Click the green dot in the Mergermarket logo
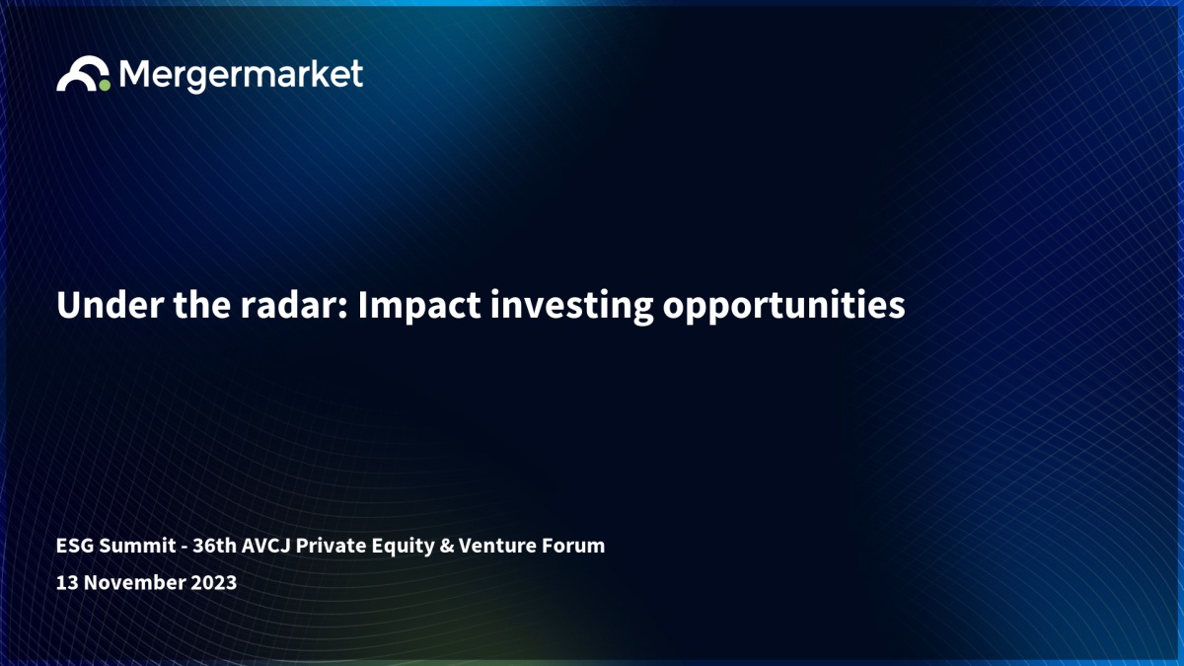[105, 85]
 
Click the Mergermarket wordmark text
[241, 76]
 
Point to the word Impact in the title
[419, 307]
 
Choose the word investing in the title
[572, 307]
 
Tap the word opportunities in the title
[783, 308]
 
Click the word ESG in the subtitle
[75, 546]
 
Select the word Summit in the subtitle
[137, 546]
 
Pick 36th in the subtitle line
[215, 546]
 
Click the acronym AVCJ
[265, 546]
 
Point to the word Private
[331, 546]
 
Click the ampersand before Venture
[447, 546]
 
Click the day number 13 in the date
[67, 582]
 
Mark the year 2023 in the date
[213, 582]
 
